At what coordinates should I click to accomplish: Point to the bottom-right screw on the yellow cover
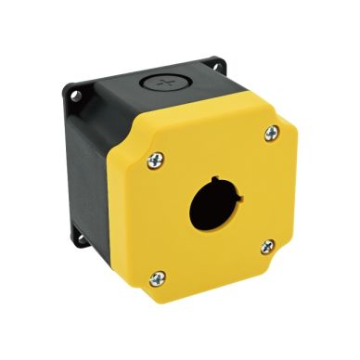[x=267, y=246]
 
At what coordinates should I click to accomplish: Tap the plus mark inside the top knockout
[x=168, y=84]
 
